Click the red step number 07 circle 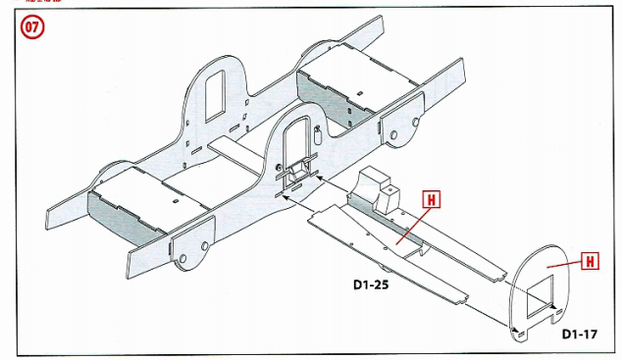(x=28, y=27)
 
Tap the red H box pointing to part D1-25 (x=431, y=197)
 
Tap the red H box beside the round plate (x=592, y=261)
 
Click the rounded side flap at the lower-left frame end (x=187, y=249)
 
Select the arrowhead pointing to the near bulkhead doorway (x=281, y=195)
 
